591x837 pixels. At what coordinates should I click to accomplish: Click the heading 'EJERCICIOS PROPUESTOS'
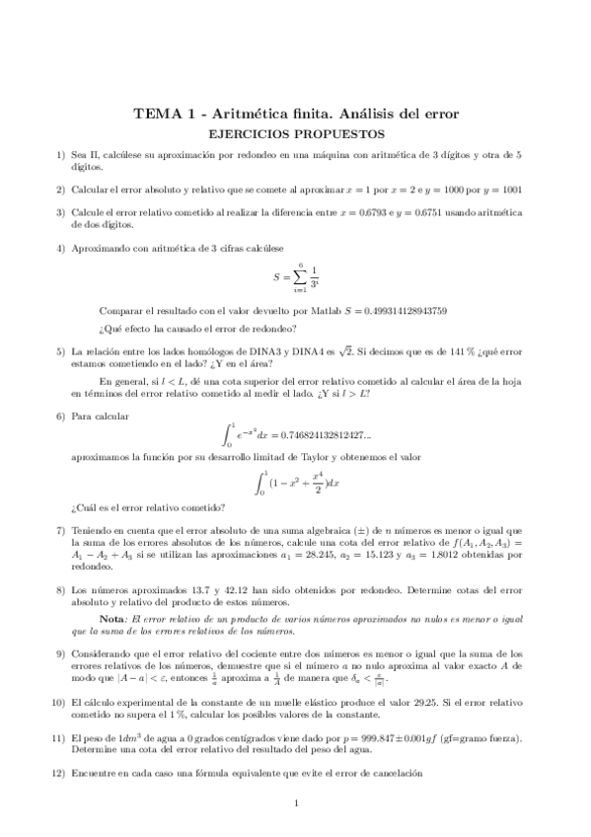(295, 133)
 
